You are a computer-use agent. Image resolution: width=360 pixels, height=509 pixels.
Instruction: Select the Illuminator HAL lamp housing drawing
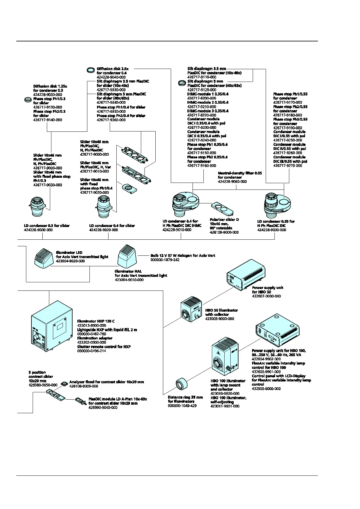click(x=127, y=256)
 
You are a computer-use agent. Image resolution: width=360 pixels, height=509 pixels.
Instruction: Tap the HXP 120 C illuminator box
click(x=52, y=326)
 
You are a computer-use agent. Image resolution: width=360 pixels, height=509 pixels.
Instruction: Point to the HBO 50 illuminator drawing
click(x=191, y=310)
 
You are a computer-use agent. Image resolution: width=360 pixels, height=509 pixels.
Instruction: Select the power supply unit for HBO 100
click(x=277, y=331)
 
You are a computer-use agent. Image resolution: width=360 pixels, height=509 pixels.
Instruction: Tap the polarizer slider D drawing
click(x=222, y=208)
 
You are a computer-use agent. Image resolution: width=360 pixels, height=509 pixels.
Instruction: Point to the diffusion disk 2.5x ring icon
click(x=90, y=70)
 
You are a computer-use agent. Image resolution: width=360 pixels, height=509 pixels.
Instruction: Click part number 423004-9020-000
click(x=70, y=261)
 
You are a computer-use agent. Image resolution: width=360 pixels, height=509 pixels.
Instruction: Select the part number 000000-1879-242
click(x=165, y=260)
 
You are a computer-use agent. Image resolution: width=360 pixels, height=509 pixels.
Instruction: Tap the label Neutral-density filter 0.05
click(x=240, y=173)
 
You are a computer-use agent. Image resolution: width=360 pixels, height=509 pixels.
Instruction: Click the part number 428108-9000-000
click(x=84, y=386)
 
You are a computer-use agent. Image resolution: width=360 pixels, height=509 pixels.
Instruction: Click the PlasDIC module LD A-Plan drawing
click(x=80, y=401)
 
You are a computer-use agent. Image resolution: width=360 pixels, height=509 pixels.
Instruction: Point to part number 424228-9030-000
click(x=271, y=230)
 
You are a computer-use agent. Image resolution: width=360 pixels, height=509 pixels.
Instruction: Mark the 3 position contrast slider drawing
click(x=55, y=395)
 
